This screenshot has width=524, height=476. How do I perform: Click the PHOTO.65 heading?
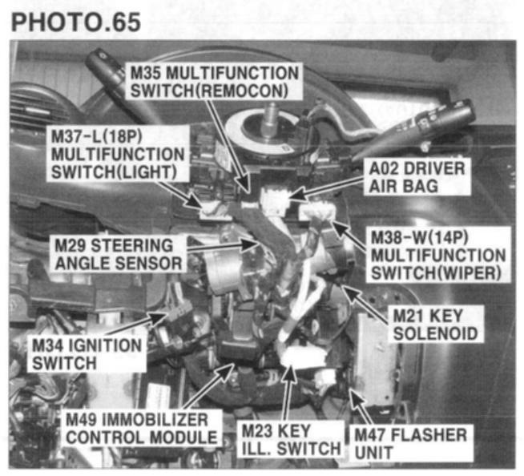(76, 22)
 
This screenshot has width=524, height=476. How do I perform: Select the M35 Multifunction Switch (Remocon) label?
(214, 82)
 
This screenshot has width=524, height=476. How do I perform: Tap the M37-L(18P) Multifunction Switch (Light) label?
(118, 154)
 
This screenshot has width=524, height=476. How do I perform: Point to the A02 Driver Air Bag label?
(417, 177)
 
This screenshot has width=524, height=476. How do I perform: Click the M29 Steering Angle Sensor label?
(119, 254)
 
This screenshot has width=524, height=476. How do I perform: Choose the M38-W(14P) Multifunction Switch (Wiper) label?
(438, 256)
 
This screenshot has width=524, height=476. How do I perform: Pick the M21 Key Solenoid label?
(435, 325)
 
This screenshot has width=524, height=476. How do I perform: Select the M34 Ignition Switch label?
(87, 354)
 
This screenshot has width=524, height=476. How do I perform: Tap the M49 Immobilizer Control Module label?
(142, 428)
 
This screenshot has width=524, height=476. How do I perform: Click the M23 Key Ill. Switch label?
(290, 440)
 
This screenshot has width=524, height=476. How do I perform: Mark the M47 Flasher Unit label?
(411, 443)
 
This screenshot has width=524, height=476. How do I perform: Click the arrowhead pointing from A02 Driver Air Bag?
(298, 196)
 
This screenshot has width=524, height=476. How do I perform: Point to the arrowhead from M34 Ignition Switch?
(159, 317)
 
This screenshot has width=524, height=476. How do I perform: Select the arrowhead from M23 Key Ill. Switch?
(290, 373)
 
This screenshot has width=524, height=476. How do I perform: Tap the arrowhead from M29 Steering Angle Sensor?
(250, 244)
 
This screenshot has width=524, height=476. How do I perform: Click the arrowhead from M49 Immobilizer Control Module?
(228, 370)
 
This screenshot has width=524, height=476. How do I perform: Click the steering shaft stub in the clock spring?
(270, 118)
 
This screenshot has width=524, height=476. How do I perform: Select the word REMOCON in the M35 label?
(242, 91)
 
